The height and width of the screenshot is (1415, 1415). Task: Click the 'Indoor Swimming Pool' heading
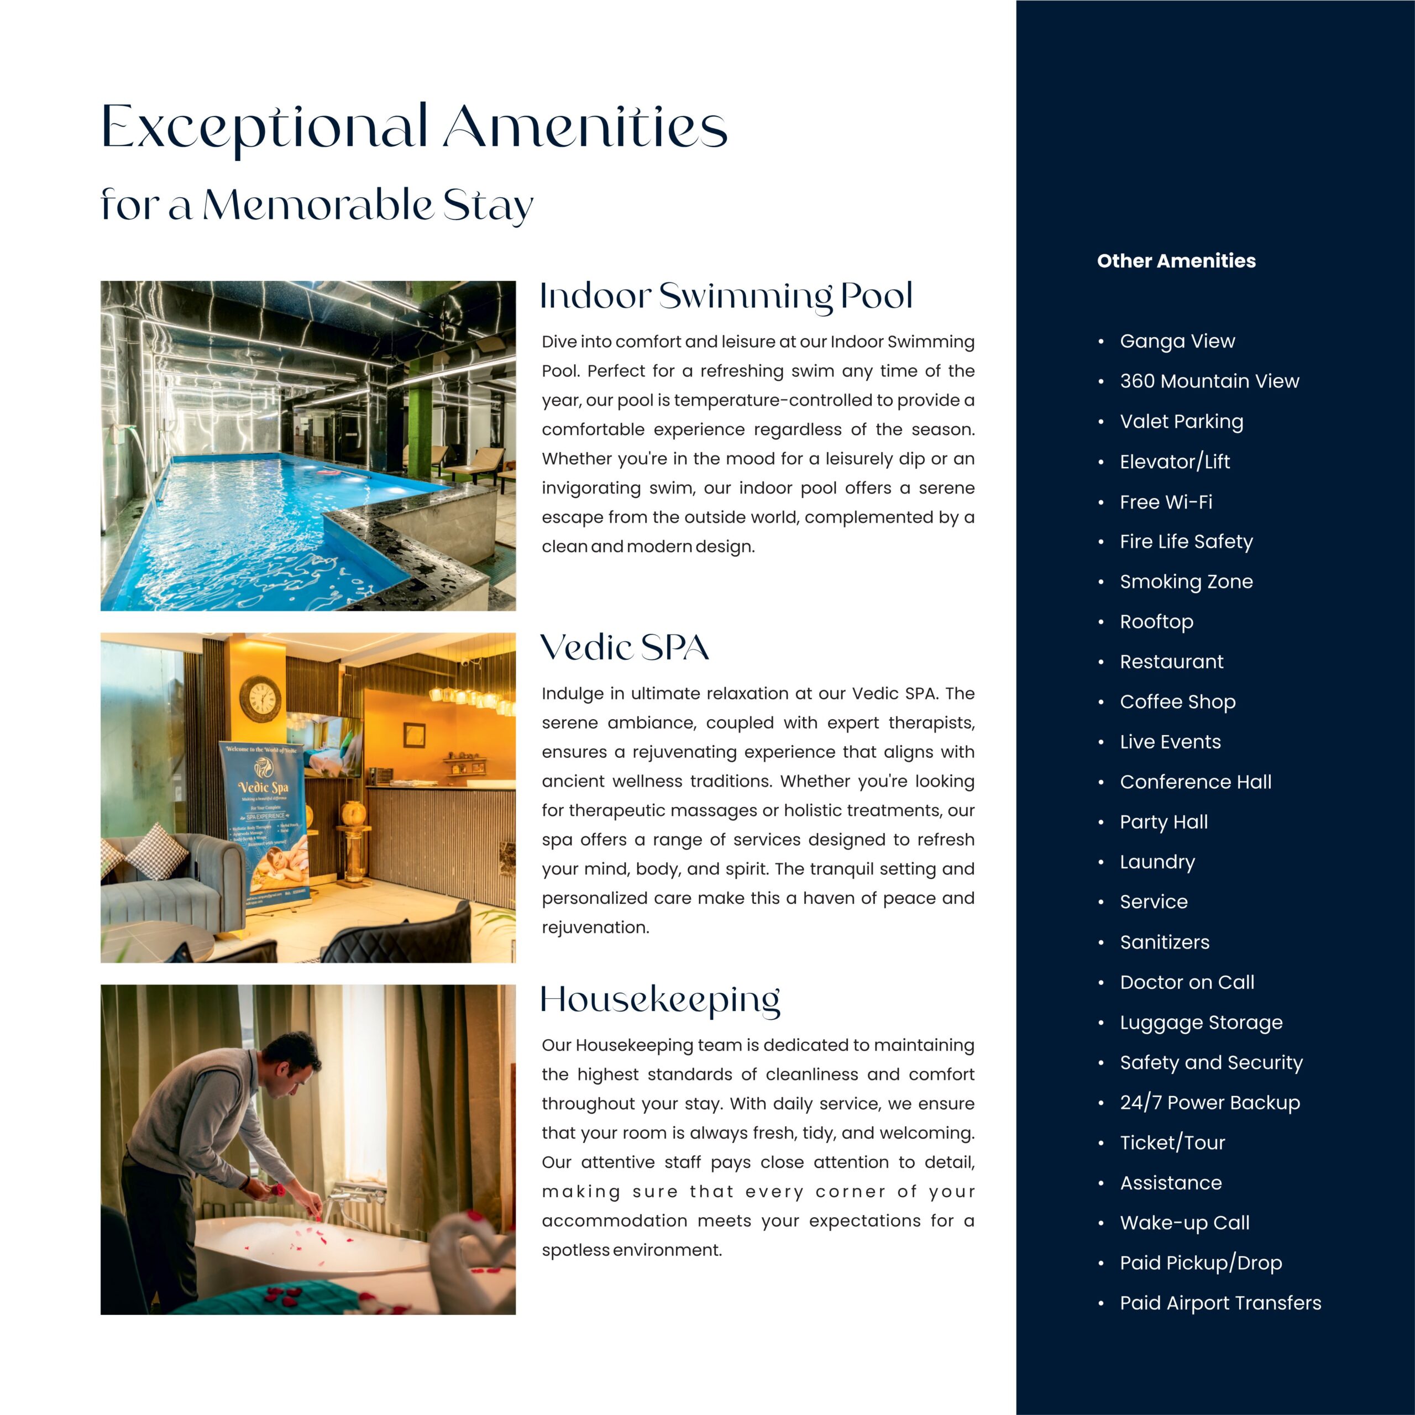[726, 297]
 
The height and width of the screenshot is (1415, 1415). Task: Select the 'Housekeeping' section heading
[660, 1000]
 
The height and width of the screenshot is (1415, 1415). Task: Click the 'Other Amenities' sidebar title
[1176, 261]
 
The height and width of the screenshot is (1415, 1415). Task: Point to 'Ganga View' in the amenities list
[1177, 341]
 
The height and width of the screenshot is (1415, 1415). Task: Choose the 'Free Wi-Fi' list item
[1166, 502]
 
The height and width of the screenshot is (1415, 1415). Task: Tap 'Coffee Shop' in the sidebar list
[1177, 701]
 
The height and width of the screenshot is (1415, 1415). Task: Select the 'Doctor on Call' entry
[1187, 982]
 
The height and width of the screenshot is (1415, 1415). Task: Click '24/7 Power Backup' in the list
[1209, 1102]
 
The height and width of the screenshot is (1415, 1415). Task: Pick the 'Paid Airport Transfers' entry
[1220, 1303]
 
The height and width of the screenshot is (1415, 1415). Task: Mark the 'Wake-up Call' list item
[1185, 1223]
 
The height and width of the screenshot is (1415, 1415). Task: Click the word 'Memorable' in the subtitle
[318, 206]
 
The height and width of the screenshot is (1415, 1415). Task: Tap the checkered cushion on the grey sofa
[156, 850]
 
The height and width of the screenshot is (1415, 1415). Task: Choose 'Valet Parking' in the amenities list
[1181, 421]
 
